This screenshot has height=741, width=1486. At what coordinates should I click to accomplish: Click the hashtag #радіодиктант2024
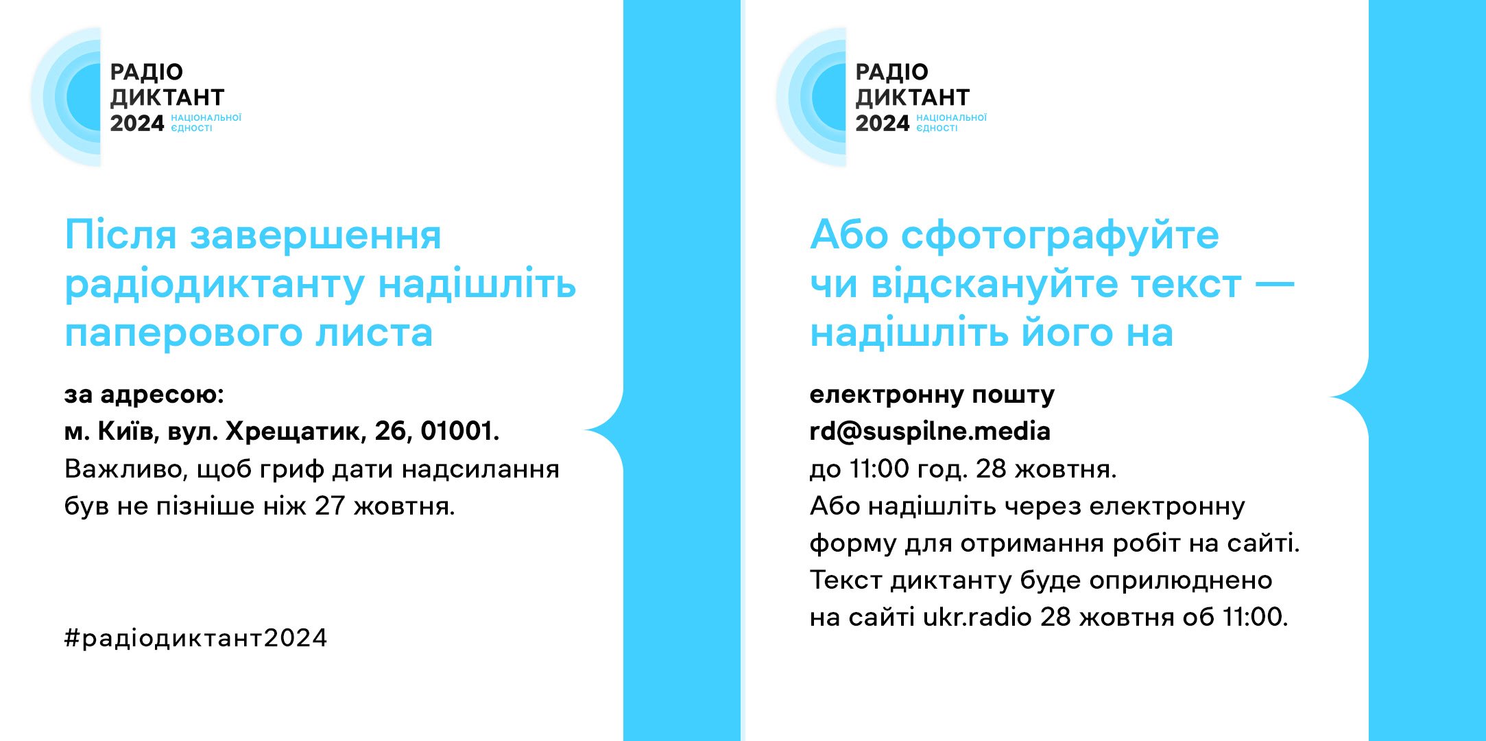[x=195, y=638]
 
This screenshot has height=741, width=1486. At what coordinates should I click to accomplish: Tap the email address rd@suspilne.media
[x=930, y=432]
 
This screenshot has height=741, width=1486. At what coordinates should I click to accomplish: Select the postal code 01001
[x=459, y=431]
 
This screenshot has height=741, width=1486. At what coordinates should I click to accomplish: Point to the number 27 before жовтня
[x=329, y=506]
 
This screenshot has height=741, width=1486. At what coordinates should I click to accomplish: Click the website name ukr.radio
[x=977, y=617]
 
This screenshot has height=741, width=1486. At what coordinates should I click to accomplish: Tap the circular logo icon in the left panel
[x=66, y=97]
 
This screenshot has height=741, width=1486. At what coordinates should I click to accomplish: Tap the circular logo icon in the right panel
[x=811, y=97]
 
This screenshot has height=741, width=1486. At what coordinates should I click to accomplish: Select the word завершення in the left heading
[x=315, y=236]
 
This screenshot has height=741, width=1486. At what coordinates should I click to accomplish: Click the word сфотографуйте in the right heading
[x=1060, y=236]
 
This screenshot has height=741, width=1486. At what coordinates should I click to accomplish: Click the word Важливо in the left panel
[x=124, y=469]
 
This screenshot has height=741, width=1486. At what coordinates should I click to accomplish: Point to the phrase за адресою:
[x=144, y=395]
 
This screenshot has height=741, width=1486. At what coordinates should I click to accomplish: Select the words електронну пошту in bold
[x=932, y=395]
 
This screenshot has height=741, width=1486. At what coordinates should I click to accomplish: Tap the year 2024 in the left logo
[x=137, y=123]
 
